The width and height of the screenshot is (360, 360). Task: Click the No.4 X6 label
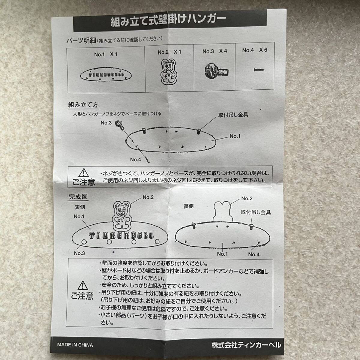pyautogui.click(x=254, y=50)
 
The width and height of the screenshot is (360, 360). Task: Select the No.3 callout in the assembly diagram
pyautogui.click(x=106, y=122)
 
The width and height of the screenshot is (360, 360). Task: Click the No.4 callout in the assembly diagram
pyautogui.click(x=135, y=160)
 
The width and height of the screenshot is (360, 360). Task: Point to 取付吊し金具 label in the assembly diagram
pyautogui.click(x=233, y=115)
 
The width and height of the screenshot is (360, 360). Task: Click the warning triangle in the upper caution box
pyautogui.click(x=82, y=173)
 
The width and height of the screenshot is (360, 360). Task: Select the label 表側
pyautogui.click(x=80, y=207)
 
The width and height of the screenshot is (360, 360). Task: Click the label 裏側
pyautogui.click(x=189, y=206)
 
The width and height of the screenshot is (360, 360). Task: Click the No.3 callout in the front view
pyautogui.click(x=79, y=253)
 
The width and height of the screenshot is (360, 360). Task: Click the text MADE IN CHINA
pyautogui.click(x=75, y=345)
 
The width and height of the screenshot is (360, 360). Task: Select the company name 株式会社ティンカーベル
pyautogui.click(x=246, y=345)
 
